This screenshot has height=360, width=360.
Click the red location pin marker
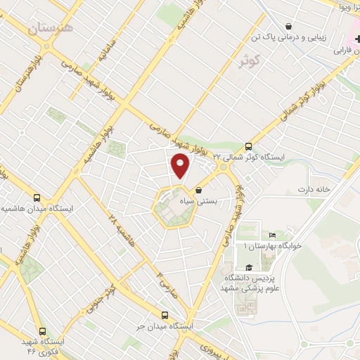181,166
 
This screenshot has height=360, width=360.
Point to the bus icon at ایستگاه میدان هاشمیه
37,198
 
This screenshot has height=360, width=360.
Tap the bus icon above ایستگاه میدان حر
165,315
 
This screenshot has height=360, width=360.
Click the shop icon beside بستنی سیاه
199,191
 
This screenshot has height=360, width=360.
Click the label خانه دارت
313,189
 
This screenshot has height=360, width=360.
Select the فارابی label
341,51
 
